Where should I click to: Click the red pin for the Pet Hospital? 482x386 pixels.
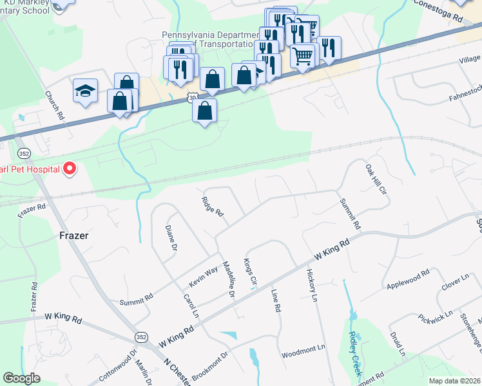click(x=69, y=169)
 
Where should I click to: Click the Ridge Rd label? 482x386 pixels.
click(x=212, y=207)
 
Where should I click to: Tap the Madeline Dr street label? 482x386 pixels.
click(x=227, y=279)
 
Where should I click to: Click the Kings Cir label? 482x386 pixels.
click(x=249, y=273)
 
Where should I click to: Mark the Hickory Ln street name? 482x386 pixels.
click(x=313, y=287)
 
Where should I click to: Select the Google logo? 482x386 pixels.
click(x=21, y=378)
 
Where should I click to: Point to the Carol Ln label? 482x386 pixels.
click(x=191, y=306)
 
